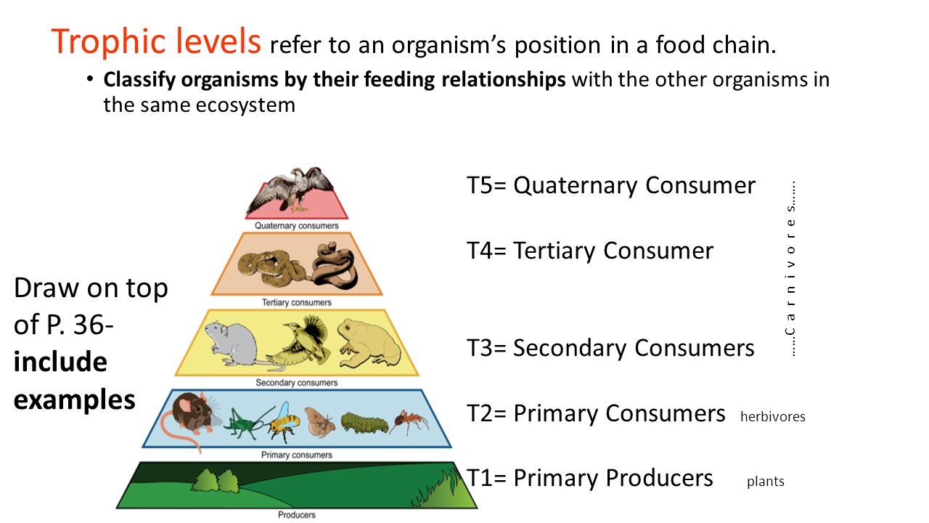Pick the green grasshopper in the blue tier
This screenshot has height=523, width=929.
245,423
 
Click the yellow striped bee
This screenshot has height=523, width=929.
284,422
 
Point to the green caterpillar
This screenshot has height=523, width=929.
364,423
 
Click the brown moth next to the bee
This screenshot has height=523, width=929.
319,423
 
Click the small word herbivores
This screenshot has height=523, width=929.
773,416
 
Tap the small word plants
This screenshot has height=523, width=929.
766,482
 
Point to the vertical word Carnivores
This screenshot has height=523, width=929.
791,269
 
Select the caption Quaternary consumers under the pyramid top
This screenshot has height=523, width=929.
297,226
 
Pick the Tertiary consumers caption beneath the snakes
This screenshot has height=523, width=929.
297,303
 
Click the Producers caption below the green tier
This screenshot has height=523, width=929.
297,515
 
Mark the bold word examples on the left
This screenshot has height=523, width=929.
75,400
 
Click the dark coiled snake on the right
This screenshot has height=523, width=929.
335,266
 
